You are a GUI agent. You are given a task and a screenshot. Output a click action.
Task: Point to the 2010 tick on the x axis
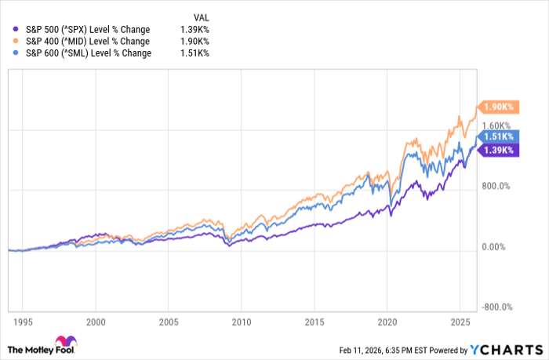(x=241, y=322)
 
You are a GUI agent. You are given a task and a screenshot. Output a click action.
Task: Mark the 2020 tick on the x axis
(x=387, y=322)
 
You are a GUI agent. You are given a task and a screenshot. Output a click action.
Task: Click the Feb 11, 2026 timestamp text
(x=381, y=349)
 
